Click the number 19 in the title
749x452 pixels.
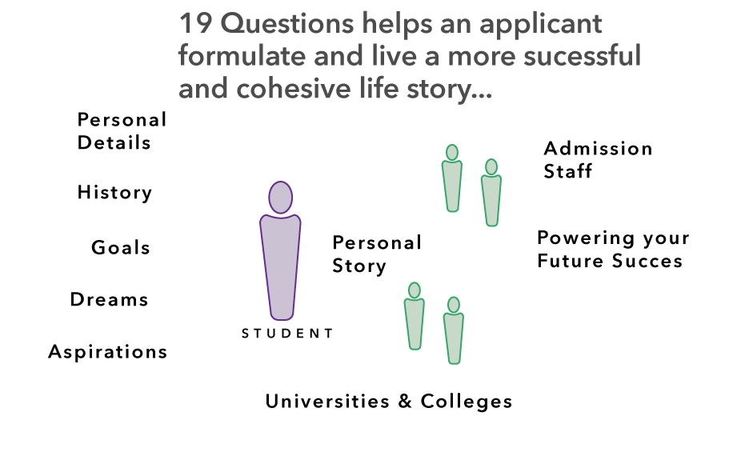pos(195,23)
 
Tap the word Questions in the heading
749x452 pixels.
pos(286,24)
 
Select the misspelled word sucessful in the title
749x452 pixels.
pos(583,55)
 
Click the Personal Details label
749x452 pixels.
pos(122,131)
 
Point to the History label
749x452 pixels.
pos(114,193)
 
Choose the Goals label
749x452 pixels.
pos(121,247)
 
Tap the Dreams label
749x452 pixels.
pos(110,299)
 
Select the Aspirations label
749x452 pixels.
pos(108,352)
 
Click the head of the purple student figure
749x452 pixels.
pos(280,198)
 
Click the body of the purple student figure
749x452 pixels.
pos(280,266)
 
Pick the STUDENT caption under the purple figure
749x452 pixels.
pos(287,333)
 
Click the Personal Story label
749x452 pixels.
pos(377,254)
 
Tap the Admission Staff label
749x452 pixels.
pos(598,159)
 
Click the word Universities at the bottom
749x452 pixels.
pos(327,401)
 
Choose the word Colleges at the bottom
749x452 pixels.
pos(467,402)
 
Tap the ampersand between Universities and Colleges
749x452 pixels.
pos(405,402)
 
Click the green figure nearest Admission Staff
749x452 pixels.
pos(491,193)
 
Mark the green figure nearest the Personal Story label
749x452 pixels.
pos(415,316)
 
